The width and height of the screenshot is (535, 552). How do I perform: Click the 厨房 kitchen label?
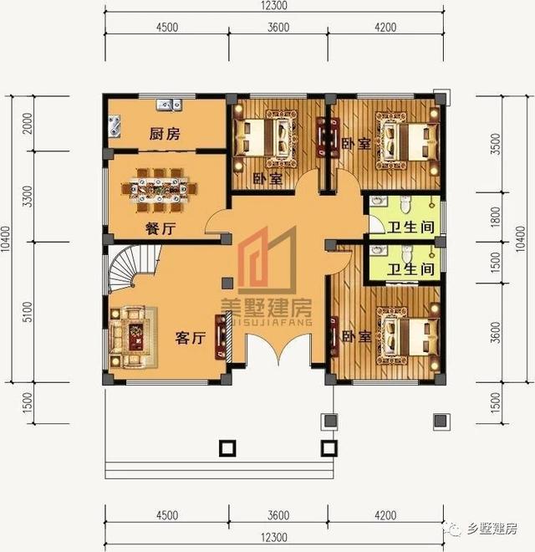pos(166,134)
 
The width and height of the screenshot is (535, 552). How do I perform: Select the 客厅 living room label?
pos(190,339)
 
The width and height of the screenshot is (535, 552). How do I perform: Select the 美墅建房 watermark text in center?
pos(267,307)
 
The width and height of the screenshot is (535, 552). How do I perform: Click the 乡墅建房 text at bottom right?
pos(492,529)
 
